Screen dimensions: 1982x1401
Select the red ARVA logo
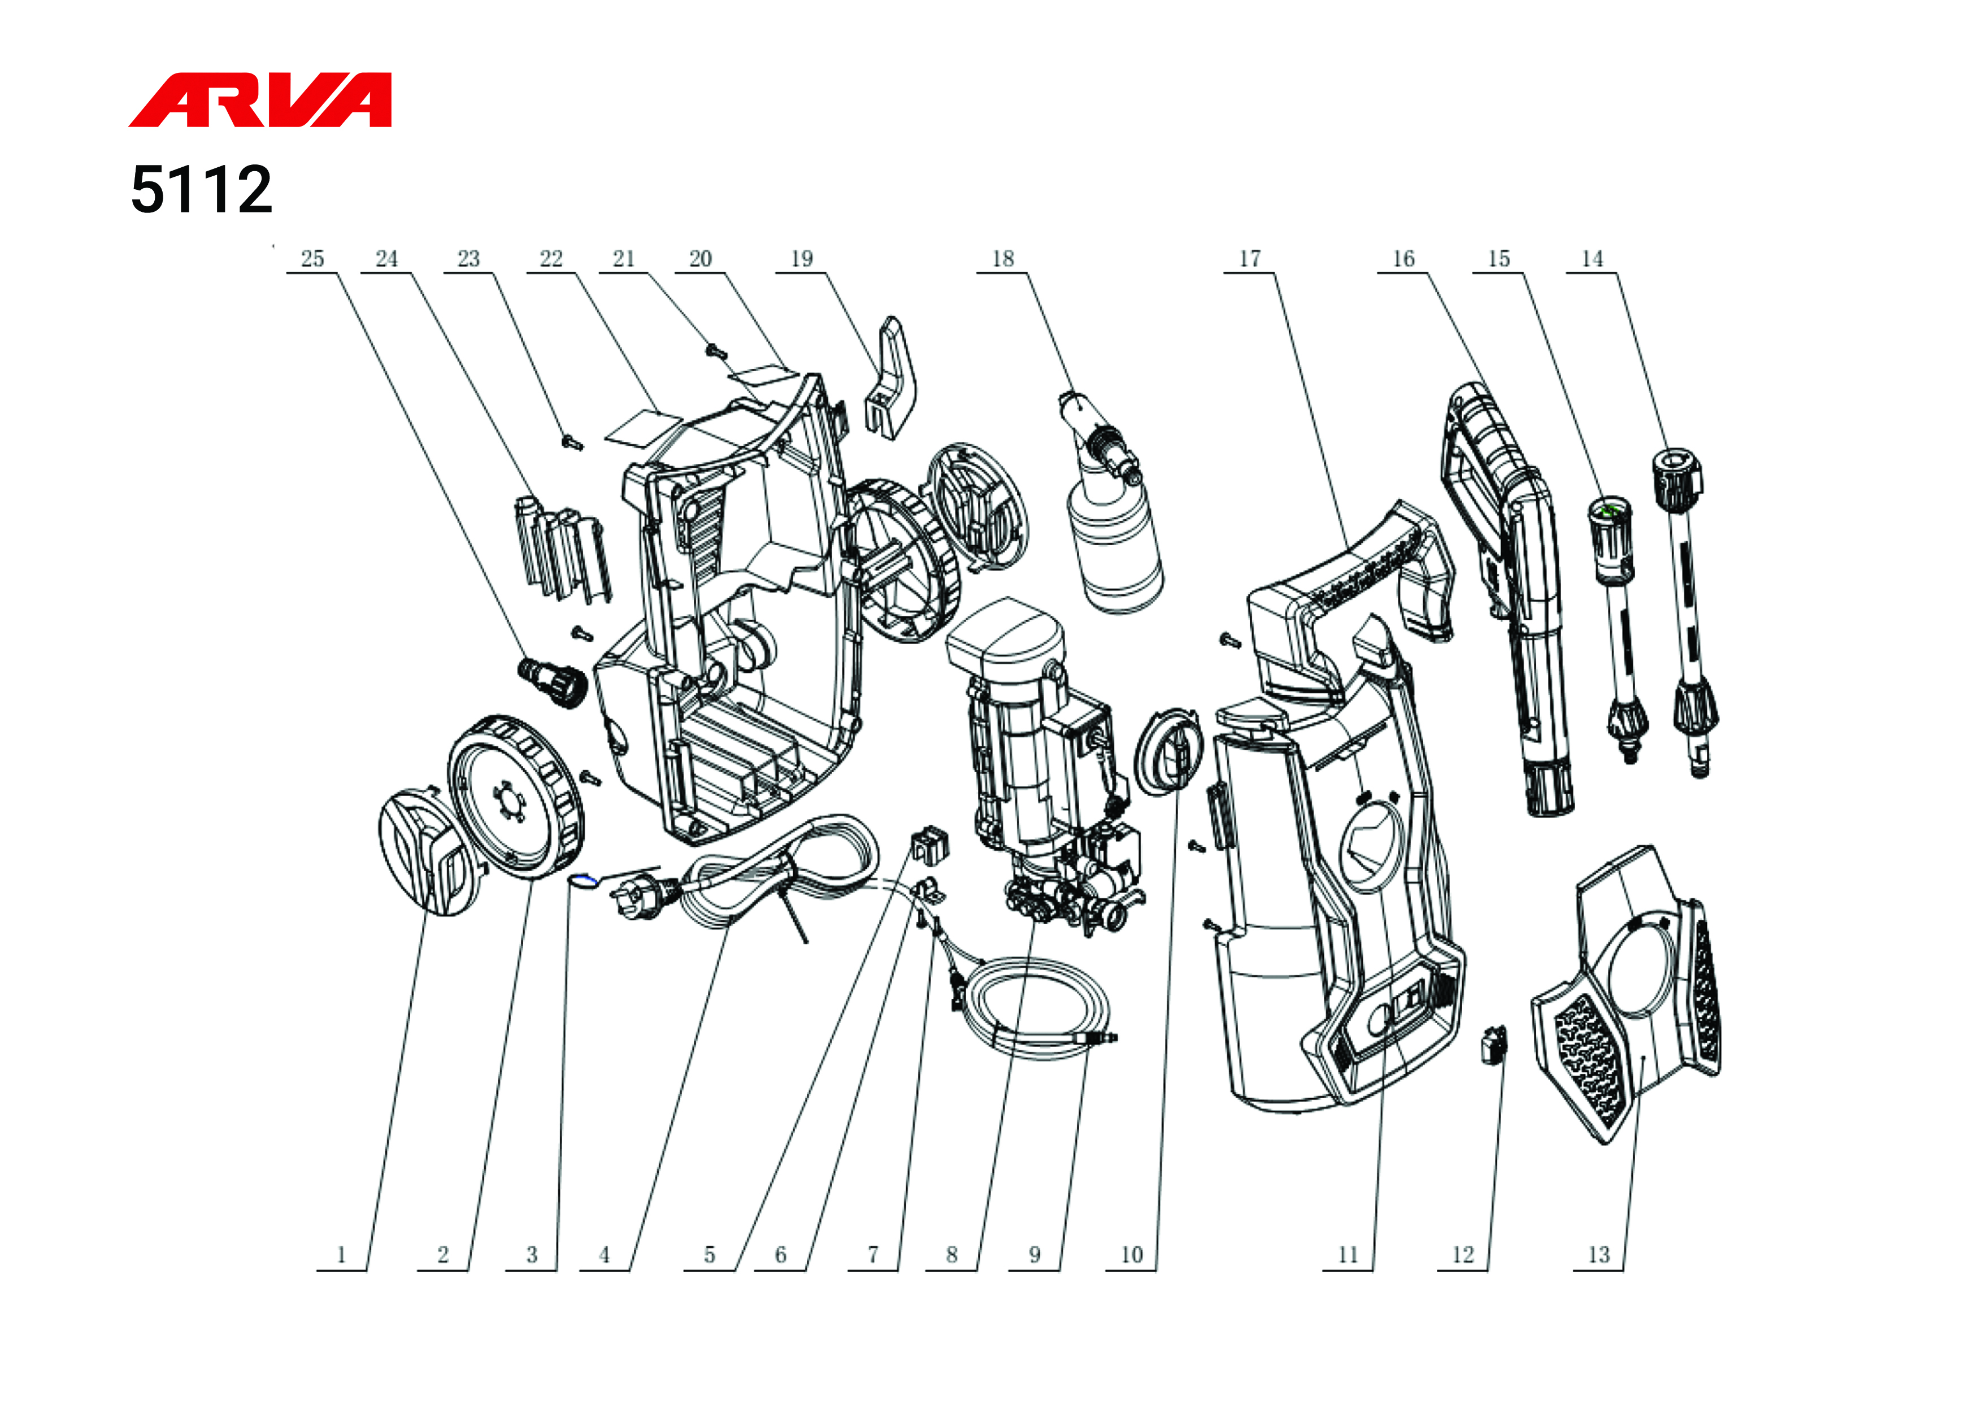(x=260, y=100)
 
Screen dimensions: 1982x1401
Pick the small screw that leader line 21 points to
(x=716, y=351)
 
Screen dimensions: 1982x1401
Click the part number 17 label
(x=1250, y=258)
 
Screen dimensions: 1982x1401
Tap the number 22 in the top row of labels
(x=551, y=258)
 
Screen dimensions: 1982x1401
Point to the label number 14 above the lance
(x=1592, y=258)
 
